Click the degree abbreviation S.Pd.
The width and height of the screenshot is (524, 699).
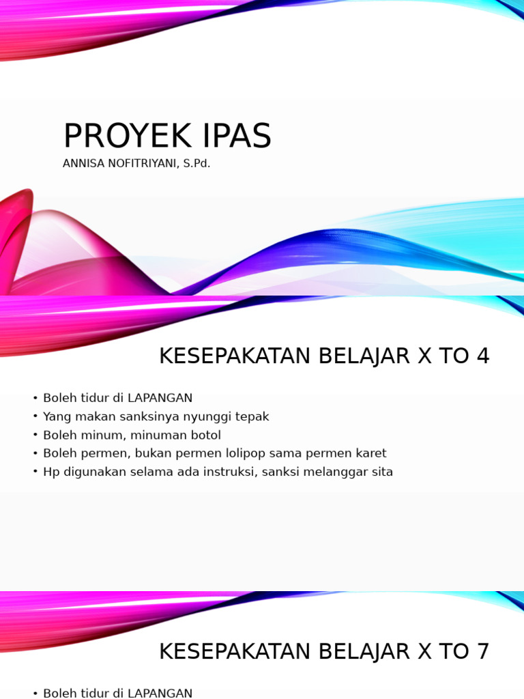coord(196,164)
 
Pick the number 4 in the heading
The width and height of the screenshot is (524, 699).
coord(482,356)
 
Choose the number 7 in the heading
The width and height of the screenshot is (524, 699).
coord(482,652)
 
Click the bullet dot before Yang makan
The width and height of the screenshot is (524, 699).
coord(35,416)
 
